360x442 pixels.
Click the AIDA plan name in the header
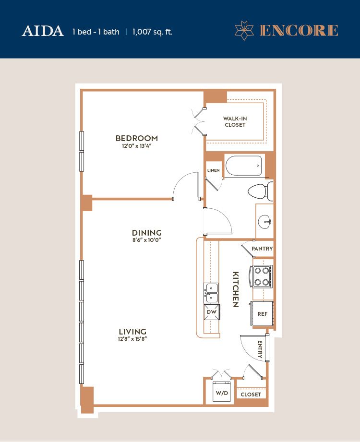43,31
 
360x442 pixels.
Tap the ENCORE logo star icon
244,30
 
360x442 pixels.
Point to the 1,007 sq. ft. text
152,32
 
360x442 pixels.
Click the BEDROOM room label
137,138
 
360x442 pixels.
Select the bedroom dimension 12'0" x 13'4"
137,146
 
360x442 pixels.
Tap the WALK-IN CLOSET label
235,122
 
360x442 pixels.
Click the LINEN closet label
214,170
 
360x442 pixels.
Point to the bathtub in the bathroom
243,166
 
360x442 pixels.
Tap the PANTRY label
262,249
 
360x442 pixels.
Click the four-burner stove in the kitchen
261,276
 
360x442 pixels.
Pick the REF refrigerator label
262,314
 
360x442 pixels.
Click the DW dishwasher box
211,312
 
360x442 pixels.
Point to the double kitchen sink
211,293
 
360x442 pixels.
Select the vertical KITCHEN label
235,289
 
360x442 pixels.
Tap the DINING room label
146,233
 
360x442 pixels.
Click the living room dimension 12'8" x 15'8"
132,339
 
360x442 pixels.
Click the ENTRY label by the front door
260,349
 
